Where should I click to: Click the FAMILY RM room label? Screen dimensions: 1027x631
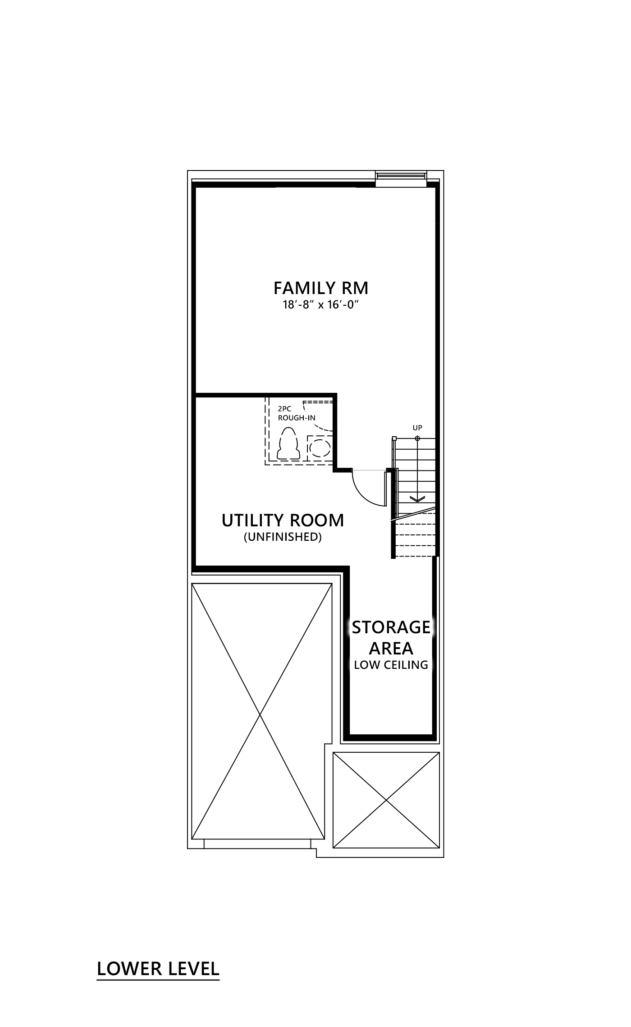321,288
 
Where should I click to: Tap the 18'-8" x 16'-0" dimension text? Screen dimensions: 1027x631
321,305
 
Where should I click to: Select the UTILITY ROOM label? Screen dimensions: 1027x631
283,520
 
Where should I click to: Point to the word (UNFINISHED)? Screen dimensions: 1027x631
283,537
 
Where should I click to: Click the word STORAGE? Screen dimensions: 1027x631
391,627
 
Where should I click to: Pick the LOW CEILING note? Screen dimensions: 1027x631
391,665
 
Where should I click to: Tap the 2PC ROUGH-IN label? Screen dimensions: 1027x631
296,414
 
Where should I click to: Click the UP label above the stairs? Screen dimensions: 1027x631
417,428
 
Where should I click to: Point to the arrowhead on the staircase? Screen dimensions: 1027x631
417,498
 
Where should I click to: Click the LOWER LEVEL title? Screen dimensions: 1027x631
158,969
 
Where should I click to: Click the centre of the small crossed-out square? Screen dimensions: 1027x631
386,800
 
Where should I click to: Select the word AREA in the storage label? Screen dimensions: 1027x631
391,648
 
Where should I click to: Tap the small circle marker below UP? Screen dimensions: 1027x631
417,438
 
